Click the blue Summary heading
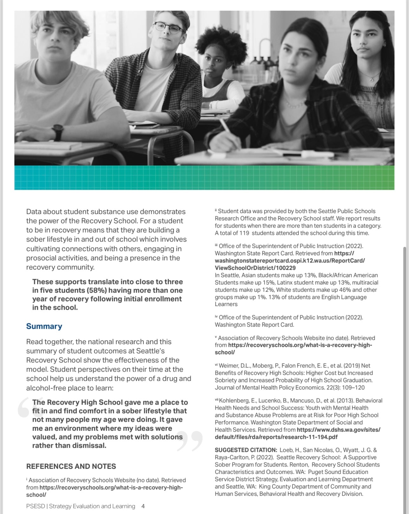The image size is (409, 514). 44,326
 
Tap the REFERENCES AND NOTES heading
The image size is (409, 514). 71,466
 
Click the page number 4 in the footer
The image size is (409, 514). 143,506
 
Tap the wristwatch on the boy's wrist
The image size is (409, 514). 58,131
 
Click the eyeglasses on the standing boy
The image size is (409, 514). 168,28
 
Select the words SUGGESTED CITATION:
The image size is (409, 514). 246,450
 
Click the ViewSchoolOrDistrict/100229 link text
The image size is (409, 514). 255,268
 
